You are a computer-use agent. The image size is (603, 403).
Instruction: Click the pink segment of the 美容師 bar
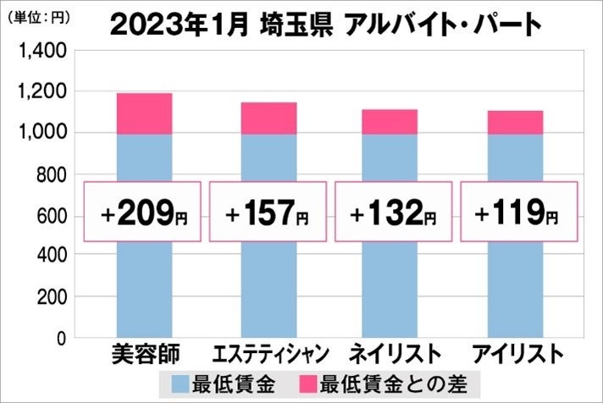(x=144, y=113)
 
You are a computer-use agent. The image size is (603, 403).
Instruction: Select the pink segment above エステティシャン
(x=268, y=119)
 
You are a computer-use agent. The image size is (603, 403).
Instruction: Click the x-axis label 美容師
(x=144, y=353)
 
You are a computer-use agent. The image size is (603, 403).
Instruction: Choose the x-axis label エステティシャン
(x=268, y=353)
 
